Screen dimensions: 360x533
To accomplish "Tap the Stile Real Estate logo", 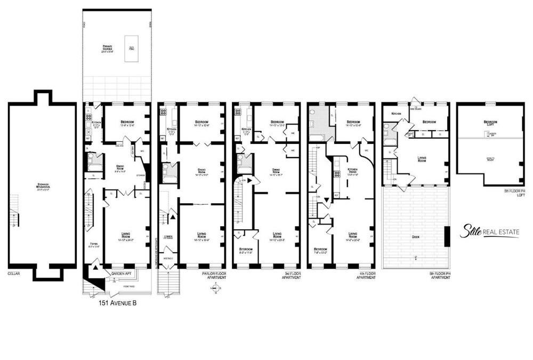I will point(489,232).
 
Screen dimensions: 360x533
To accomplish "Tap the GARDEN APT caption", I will point(122,273).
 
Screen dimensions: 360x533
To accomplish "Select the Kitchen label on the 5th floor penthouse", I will point(397,114).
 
